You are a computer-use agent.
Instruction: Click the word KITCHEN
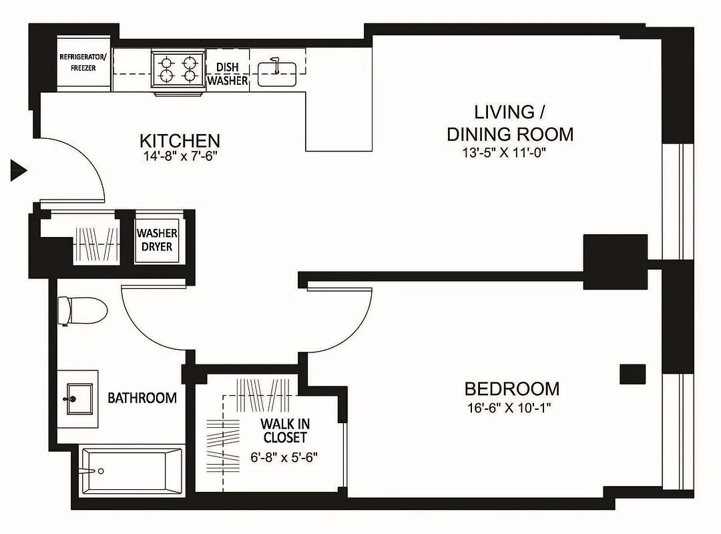180,141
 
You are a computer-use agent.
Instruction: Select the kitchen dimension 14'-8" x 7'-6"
180,156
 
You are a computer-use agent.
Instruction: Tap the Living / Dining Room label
509,123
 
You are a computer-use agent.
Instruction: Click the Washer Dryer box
157,240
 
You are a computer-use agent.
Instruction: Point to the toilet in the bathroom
83,311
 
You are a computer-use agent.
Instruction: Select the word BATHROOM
142,398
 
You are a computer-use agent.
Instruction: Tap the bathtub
131,471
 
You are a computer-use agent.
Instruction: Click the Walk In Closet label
284,431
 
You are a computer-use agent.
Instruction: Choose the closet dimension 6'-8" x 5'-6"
285,459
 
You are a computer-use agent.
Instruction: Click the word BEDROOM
511,388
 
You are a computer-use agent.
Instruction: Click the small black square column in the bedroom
632,374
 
